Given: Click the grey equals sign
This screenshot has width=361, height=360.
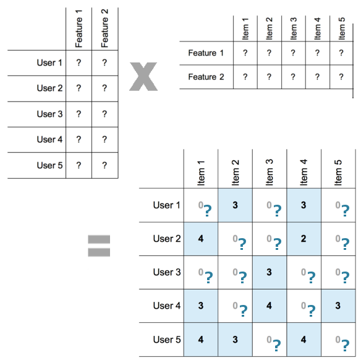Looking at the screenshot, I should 99,245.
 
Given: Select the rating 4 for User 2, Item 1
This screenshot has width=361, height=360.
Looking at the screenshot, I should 201,239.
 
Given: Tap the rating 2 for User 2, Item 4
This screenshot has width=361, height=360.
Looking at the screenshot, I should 304,239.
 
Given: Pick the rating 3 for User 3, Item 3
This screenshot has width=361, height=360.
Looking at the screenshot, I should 269,272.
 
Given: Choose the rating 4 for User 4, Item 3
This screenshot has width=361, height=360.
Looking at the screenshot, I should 269,306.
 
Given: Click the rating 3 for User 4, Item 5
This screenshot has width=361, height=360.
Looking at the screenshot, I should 338,306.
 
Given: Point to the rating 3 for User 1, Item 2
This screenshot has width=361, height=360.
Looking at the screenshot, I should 235,205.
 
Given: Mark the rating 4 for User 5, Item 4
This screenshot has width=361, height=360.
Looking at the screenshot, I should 304,339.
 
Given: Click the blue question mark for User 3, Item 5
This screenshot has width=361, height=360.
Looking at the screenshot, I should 345,277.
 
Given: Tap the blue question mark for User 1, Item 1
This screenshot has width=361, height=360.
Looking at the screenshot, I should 208,210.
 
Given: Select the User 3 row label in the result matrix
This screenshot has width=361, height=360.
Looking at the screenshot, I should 167,272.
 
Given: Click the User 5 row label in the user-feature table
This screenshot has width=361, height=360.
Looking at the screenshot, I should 49,165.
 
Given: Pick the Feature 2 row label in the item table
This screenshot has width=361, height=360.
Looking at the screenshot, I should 206,77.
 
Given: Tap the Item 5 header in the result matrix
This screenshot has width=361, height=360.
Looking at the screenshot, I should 338,173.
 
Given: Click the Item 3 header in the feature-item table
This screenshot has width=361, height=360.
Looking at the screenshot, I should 293,28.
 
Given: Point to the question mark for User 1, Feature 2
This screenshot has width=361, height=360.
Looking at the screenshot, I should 104,62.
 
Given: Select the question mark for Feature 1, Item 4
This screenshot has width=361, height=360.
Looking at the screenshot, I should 317,53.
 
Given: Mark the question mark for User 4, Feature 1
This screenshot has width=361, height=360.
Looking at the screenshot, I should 79,140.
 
